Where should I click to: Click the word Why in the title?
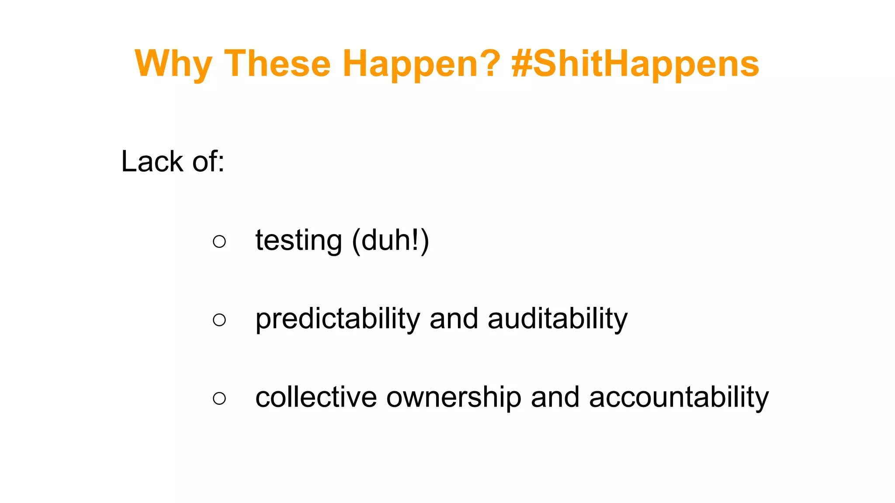[x=173, y=64]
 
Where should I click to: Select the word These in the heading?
[x=278, y=64]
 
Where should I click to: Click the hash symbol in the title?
[x=521, y=64]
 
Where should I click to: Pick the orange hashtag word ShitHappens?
[x=646, y=64]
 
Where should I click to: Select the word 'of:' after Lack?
[x=208, y=162]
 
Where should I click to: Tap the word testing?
[x=298, y=241]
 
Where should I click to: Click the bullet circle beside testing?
[x=219, y=241]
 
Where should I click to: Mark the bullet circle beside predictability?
[x=219, y=320]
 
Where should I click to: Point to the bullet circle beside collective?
[x=219, y=398]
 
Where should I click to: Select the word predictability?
[x=337, y=319]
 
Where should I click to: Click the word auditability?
[x=558, y=319]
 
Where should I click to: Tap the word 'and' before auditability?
[x=454, y=319]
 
